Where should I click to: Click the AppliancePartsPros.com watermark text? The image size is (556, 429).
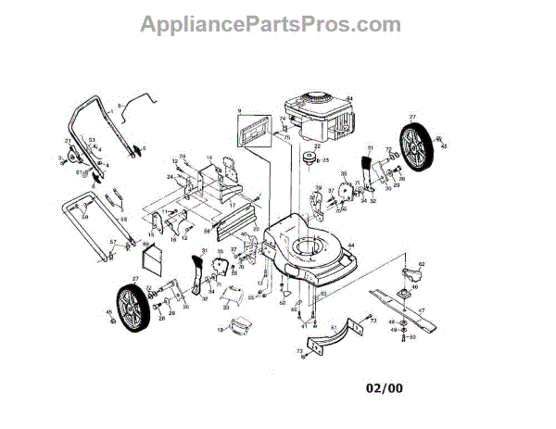[271, 23]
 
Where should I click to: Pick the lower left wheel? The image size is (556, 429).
[130, 302]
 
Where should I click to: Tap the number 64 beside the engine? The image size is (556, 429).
[349, 99]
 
